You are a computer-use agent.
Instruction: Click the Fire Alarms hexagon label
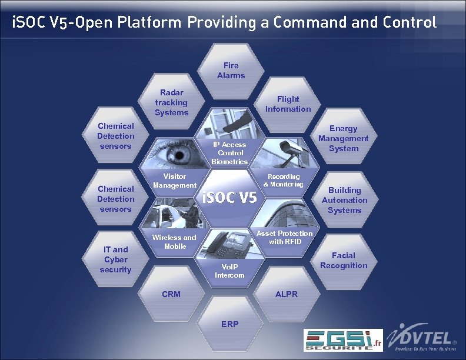coord(231,71)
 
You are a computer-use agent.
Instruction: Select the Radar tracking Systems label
coord(172,102)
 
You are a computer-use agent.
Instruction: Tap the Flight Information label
coord(288,104)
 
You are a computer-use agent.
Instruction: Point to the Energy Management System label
coord(343,138)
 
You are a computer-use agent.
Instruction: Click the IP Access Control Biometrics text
coord(229,152)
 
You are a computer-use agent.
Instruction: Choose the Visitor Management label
coord(174,181)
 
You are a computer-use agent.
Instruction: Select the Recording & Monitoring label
coord(284,180)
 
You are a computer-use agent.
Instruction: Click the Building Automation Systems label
coord(344,200)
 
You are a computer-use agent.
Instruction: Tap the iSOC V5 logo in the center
coord(229,198)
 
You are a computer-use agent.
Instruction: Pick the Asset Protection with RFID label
coord(285,238)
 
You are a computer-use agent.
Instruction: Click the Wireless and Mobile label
coord(175,242)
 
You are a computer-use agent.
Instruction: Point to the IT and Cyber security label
coord(115,259)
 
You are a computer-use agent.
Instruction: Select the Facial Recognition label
coord(344,261)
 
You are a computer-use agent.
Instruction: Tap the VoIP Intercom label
coord(229,271)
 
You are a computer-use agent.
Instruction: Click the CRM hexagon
coord(171,294)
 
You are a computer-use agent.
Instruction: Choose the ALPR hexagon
coord(287,294)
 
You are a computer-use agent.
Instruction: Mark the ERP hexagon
coord(229,324)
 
